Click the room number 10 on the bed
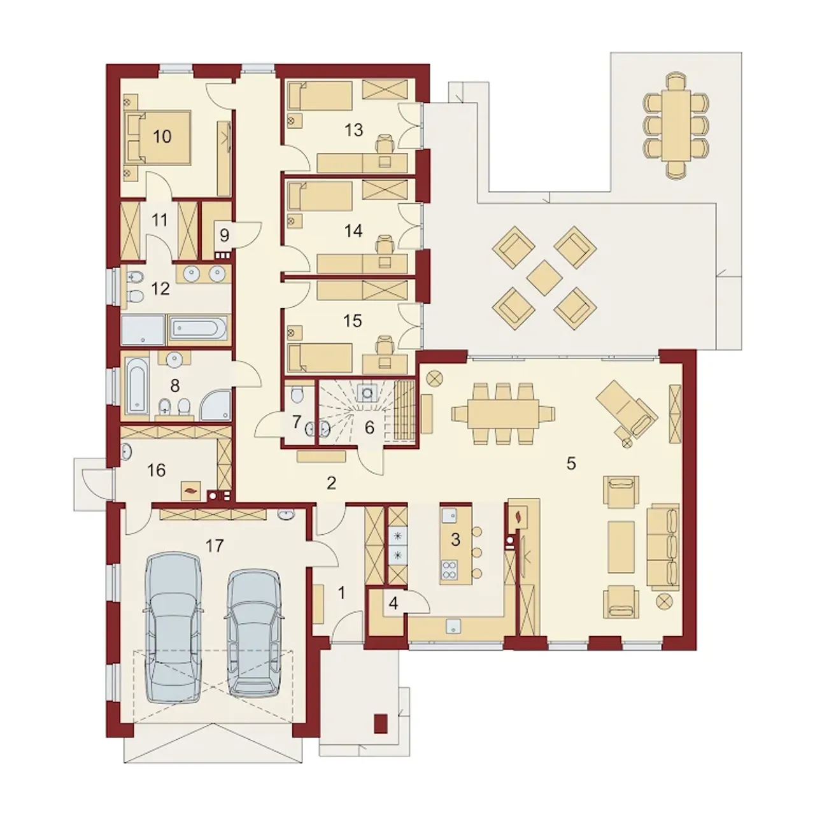(x=162, y=137)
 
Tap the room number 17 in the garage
(x=214, y=546)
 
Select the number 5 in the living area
(x=571, y=464)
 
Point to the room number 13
(x=353, y=130)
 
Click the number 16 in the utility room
(x=156, y=471)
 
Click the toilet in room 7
(x=299, y=394)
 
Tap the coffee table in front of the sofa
(x=621, y=547)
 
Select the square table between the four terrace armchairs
(x=545, y=278)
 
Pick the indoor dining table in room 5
(x=503, y=413)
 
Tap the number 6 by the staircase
(x=369, y=428)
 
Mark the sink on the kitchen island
(x=448, y=514)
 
